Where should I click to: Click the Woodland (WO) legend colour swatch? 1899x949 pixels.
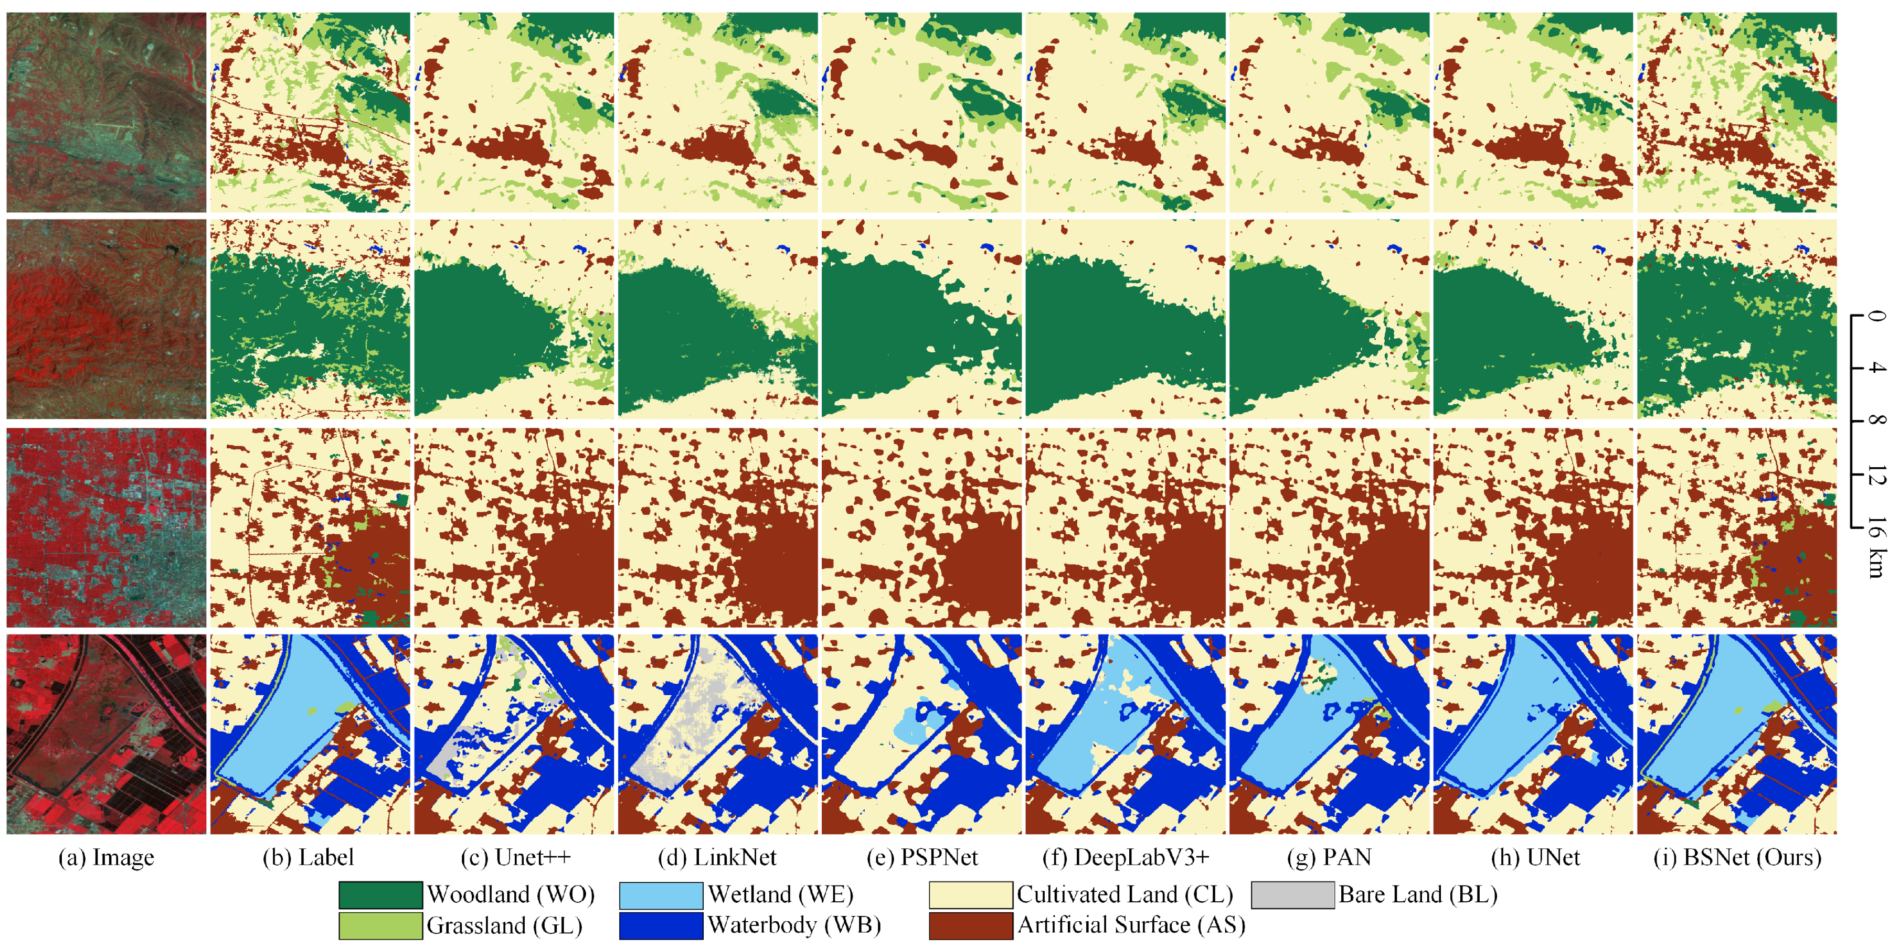coord(380,894)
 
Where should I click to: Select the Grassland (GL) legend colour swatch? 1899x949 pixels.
coord(380,925)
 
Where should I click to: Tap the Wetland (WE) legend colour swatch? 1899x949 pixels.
coord(661,894)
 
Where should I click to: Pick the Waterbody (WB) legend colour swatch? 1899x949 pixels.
coord(661,925)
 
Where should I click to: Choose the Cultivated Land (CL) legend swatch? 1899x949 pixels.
coord(970,894)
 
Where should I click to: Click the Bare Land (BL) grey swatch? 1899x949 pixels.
coord(1292,894)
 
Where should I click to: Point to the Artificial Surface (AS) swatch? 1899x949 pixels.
coord(970,925)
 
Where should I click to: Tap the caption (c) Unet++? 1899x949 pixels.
coord(515,858)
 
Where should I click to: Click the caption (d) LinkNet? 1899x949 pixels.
coord(717,858)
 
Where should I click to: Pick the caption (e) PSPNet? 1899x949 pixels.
coord(921,858)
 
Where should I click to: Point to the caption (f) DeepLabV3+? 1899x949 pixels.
coord(1126,858)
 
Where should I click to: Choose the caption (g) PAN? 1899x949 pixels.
coord(1329,858)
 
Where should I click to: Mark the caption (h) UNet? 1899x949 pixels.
coord(1535,858)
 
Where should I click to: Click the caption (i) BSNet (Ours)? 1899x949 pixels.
coord(1737,858)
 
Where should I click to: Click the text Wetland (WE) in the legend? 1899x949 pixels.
coord(780,894)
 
